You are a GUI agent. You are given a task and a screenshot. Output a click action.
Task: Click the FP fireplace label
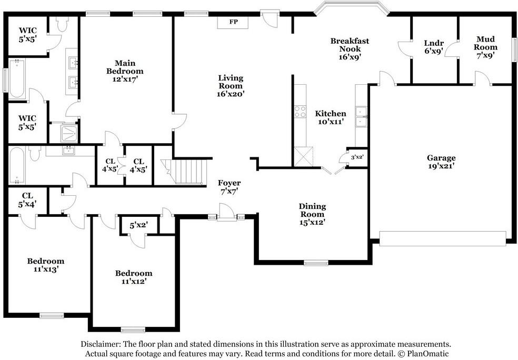point(234,22)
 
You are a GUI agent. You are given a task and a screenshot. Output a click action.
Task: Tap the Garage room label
point(441,158)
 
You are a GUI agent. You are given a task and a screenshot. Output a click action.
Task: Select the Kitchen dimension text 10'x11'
point(331,122)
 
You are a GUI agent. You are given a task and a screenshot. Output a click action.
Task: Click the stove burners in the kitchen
point(300,111)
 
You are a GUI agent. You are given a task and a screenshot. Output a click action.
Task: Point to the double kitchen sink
point(361,117)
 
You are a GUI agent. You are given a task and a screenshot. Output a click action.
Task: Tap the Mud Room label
point(485,43)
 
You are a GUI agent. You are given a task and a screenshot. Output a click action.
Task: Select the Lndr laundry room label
point(434,43)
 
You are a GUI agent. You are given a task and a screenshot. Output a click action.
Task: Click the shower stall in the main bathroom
point(69,133)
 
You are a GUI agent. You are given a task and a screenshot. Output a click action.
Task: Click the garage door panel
point(442,238)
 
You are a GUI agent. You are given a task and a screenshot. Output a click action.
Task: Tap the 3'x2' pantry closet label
point(357,157)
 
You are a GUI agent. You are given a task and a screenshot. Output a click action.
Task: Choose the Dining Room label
point(313,211)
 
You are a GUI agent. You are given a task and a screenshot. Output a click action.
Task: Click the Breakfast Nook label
point(350,45)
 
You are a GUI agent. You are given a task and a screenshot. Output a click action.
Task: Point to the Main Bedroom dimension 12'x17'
point(125,79)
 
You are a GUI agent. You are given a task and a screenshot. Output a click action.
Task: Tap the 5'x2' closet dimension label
point(138,225)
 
